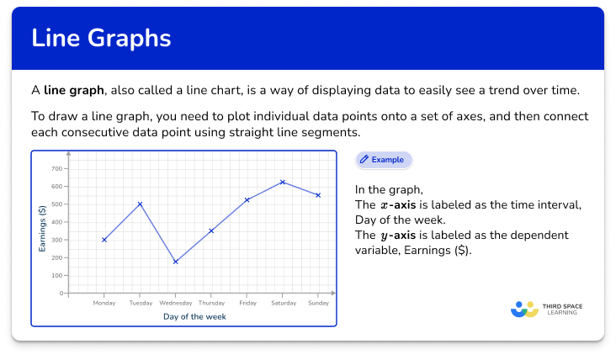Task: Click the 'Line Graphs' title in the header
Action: pyautogui.click(x=100, y=39)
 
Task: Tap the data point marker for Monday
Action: pyautogui.click(x=104, y=240)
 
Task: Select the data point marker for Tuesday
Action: pyautogui.click(x=140, y=204)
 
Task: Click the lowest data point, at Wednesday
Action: pyautogui.click(x=175, y=262)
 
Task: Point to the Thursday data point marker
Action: pyautogui.click(x=211, y=230)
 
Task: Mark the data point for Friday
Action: pyautogui.click(x=247, y=200)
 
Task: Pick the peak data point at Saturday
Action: pyautogui.click(x=283, y=182)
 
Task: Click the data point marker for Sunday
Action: pyautogui.click(x=318, y=195)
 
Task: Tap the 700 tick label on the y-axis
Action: pyautogui.click(x=56, y=168)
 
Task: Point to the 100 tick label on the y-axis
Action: pyautogui.click(x=56, y=276)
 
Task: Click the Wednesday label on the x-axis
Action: pyautogui.click(x=175, y=303)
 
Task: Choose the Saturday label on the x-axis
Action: pyautogui.click(x=283, y=303)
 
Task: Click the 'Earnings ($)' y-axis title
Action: pyautogui.click(x=42, y=229)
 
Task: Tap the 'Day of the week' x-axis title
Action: pyautogui.click(x=194, y=317)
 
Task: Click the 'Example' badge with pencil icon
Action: pyautogui.click(x=383, y=159)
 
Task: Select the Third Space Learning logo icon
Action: pyautogui.click(x=524, y=309)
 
